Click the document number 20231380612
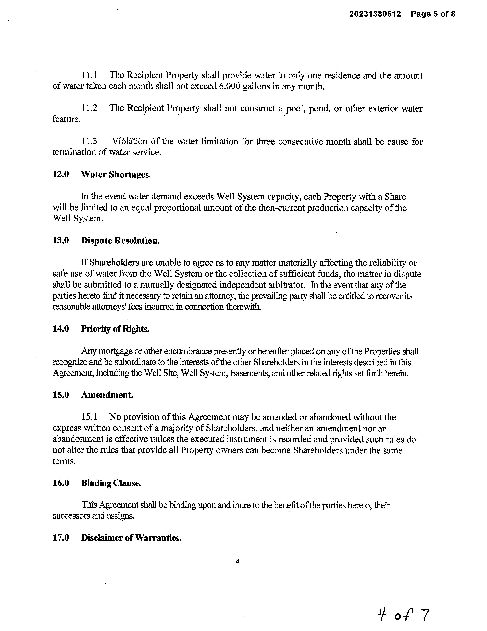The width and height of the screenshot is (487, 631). [x=375, y=14]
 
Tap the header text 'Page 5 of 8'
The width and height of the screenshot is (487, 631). [x=433, y=14]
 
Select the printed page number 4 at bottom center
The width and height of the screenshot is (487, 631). [x=237, y=561]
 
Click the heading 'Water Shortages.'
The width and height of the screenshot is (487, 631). [x=116, y=175]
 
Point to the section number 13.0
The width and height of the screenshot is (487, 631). [x=60, y=240]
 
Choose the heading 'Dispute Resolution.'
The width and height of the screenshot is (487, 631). [x=120, y=240]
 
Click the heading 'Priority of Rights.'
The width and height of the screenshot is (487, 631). [x=115, y=329]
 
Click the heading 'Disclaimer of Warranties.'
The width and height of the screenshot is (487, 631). [x=131, y=537]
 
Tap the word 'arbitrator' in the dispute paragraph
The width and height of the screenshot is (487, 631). [x=286, y=285]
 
